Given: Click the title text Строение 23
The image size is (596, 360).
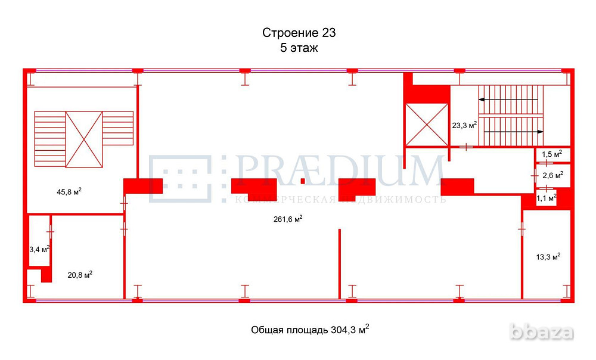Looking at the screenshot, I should click(x=303, y=32).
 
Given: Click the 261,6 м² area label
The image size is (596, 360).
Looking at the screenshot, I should click(x=287, y=219).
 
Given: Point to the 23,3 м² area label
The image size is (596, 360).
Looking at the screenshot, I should click(x=464, y=125).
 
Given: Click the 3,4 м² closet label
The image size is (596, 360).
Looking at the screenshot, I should click(x=39, y=249).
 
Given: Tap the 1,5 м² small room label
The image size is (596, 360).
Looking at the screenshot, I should click(x=551, y=155).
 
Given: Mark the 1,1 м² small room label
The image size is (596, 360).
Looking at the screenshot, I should click(x=546, y=197).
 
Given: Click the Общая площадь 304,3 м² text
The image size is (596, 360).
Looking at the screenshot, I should click(x=310, y=329).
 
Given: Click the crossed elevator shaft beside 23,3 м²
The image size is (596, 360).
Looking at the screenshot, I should click(x=426, y=124).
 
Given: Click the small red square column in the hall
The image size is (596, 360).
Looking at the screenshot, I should click(x=303, y=181).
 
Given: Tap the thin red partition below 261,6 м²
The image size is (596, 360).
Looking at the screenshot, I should click(x=340, y=262).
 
